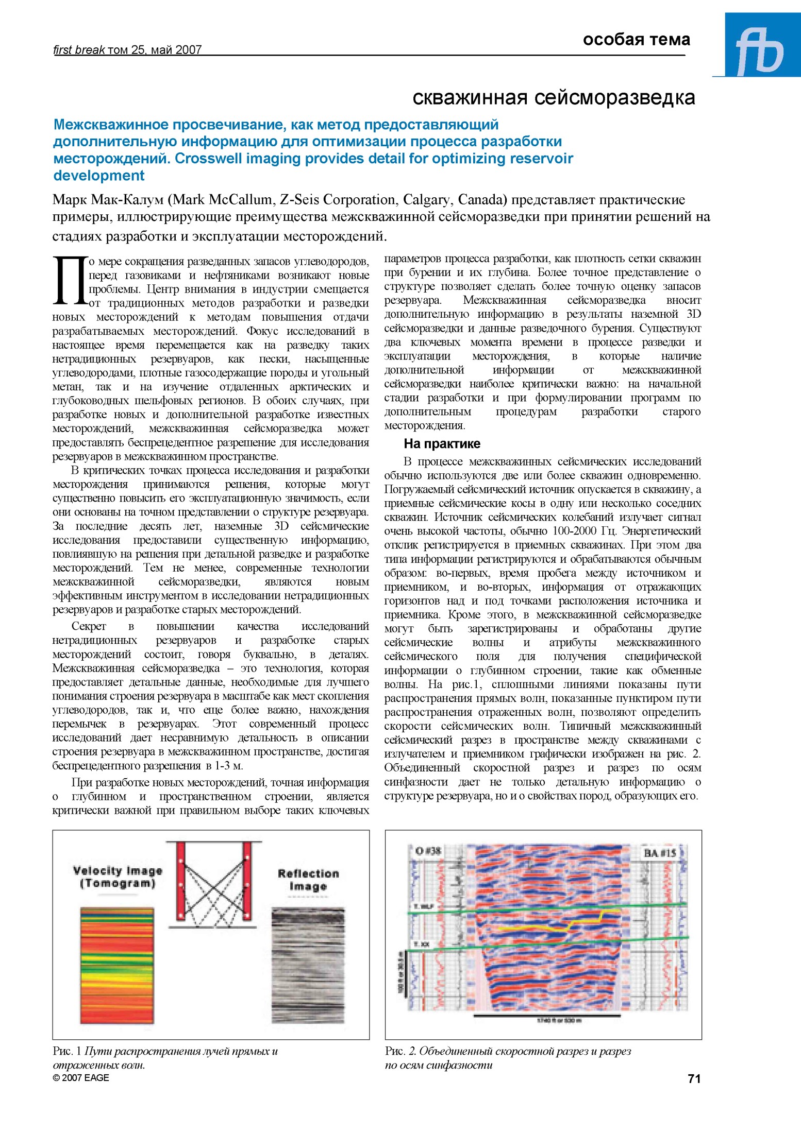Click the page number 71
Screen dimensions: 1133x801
(x=694, y=1078)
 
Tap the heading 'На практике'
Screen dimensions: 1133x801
(x=442, y=443)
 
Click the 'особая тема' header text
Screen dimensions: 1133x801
(x=636, y=40)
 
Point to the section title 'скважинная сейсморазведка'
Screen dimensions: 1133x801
(x=554, y=97)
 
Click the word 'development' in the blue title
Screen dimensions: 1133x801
(x=99, y=176)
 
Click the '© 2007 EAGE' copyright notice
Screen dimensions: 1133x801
(x=81, y=1077)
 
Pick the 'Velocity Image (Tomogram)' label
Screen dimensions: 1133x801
(x=118, y=877)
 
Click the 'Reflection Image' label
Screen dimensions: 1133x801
(x=308, y=880)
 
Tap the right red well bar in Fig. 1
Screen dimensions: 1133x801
(x=247, y=881)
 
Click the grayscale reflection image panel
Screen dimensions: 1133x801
(x=308, y=966)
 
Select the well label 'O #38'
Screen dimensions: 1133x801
(x=428, y=850)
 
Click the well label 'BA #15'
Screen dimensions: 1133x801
(x=659, y=853)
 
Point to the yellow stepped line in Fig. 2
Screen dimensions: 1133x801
(x=546, y=928)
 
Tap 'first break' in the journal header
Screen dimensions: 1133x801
(x=79, y=50)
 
